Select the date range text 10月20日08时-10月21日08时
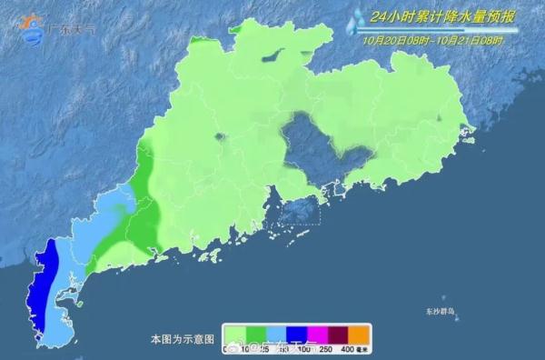(x=438, y=40)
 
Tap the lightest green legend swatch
(x=235, y=333)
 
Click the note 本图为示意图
(x=183, y=338)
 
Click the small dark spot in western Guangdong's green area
(x=219, y=139)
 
